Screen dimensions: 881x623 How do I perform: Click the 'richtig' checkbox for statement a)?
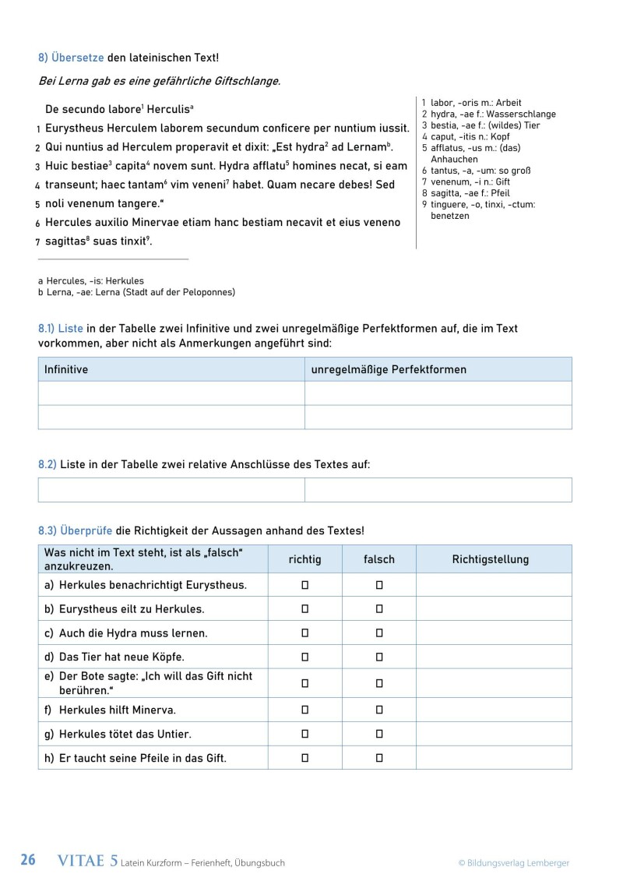click(305, 585)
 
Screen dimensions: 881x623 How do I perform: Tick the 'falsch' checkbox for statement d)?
click(379, 657)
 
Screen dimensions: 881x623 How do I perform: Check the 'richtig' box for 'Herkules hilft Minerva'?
click(305, 710)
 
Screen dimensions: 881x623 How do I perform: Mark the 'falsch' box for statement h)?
click(379, 757)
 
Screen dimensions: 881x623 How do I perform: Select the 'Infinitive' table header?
click(66, 369)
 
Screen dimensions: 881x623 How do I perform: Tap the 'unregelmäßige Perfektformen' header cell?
click(389, 369)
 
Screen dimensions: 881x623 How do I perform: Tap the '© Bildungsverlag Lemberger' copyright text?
click(513, 862)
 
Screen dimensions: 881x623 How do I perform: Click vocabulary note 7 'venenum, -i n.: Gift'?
click(466, 181)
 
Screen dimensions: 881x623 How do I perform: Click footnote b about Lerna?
click(136, 292)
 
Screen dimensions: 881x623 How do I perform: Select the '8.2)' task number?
click(47, 464)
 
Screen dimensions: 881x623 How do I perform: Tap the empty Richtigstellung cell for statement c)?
click(493, 633)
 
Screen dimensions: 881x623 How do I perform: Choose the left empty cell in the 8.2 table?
click(171, 490)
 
